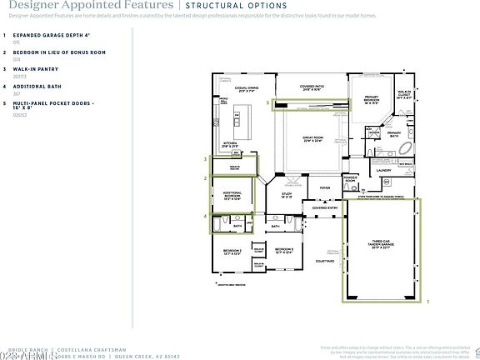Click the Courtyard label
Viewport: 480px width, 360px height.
tap(325, 261)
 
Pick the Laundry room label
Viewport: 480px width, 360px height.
tap(383, 171)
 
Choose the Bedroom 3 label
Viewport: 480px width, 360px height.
tap(284, 250)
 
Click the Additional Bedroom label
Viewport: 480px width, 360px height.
tap(232, 197)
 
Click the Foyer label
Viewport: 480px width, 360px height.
tap(325, 188)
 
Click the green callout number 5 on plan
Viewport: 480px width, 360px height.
tap(267, 103)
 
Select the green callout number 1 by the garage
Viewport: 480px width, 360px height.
tap(427, 302)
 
